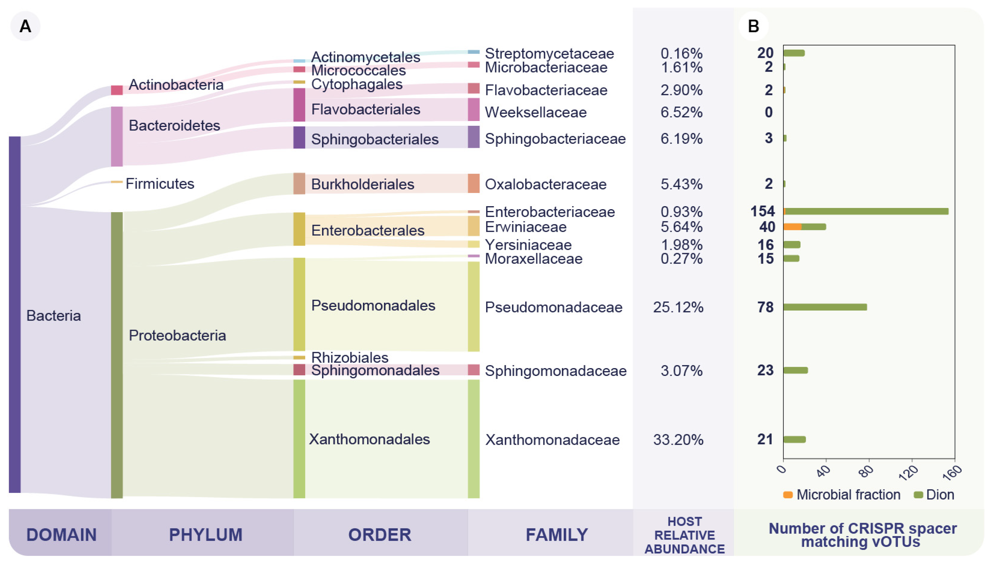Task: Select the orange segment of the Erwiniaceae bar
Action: coord(792,227)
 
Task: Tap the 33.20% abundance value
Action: coord(678,440)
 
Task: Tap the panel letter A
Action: coord(25,26)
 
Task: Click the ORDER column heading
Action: coord(380,535)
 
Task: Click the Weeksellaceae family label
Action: coord(535,112)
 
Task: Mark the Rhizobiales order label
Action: coord(349,357)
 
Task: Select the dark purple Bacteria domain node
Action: coord(15,314)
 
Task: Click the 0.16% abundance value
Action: coord(681,54)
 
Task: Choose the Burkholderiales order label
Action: coord(362,184)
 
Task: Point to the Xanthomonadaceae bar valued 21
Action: coord(794,439)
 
